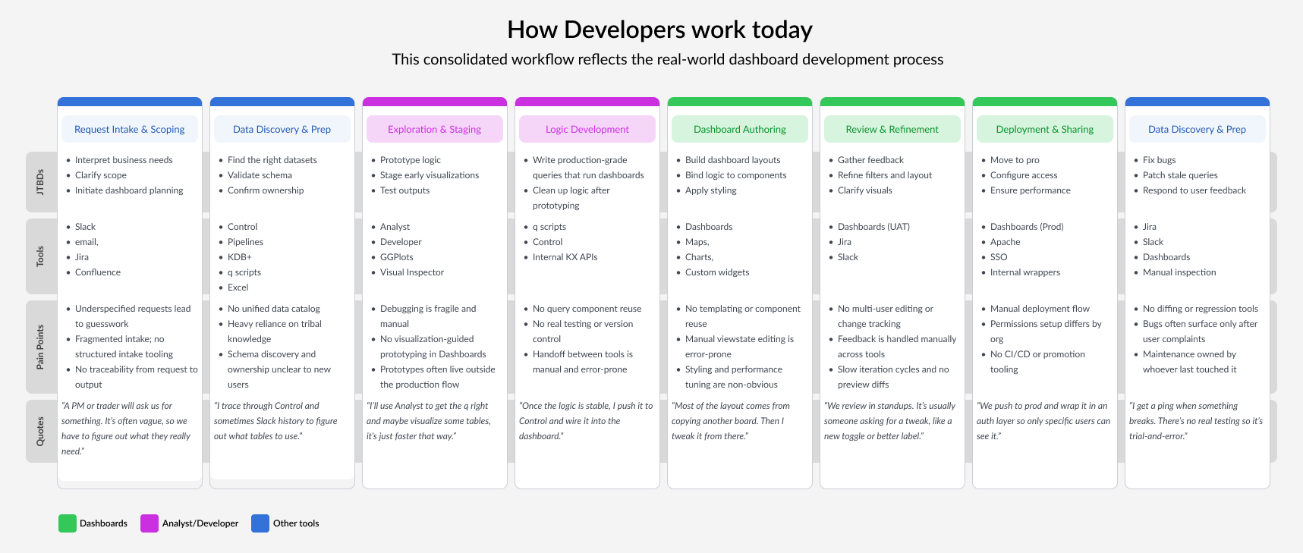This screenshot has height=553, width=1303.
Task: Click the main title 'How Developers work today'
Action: tap(659, 30)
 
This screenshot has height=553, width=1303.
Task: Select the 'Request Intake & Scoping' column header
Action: tap(130, 129)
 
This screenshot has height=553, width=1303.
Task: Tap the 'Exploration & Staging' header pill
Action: tap(435, 129)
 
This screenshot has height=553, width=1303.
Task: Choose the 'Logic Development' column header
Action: tap(587, 129)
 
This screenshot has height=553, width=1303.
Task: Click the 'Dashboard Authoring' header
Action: tap(740, 129)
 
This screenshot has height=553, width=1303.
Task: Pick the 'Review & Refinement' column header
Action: tap(892, 129)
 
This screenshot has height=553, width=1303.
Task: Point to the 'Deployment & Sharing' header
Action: tap(1045, 129)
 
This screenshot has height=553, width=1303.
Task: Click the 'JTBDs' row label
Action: tap(40, 182)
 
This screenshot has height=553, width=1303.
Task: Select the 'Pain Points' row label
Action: tap(40, 347)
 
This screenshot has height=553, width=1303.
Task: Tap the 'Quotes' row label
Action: tap(40, 431)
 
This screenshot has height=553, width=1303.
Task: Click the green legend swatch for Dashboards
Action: tap(68, 523)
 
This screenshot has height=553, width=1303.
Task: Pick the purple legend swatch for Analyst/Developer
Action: tap(149, 523)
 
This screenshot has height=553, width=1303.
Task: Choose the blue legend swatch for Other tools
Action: tap(260, 523)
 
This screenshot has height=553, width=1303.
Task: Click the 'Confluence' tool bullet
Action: tap(98, 272)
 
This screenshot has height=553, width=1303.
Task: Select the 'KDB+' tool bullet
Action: tap(240, 257)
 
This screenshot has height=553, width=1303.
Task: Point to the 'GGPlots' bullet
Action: tap(397, 257)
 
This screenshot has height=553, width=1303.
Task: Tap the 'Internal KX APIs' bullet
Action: tap(565, 257)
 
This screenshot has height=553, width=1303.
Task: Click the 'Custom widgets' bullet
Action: tap(717, 272)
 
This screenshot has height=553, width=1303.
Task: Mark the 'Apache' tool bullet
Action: tap(1006, 242)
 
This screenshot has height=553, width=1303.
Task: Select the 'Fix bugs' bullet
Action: tap(1160, 160)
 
